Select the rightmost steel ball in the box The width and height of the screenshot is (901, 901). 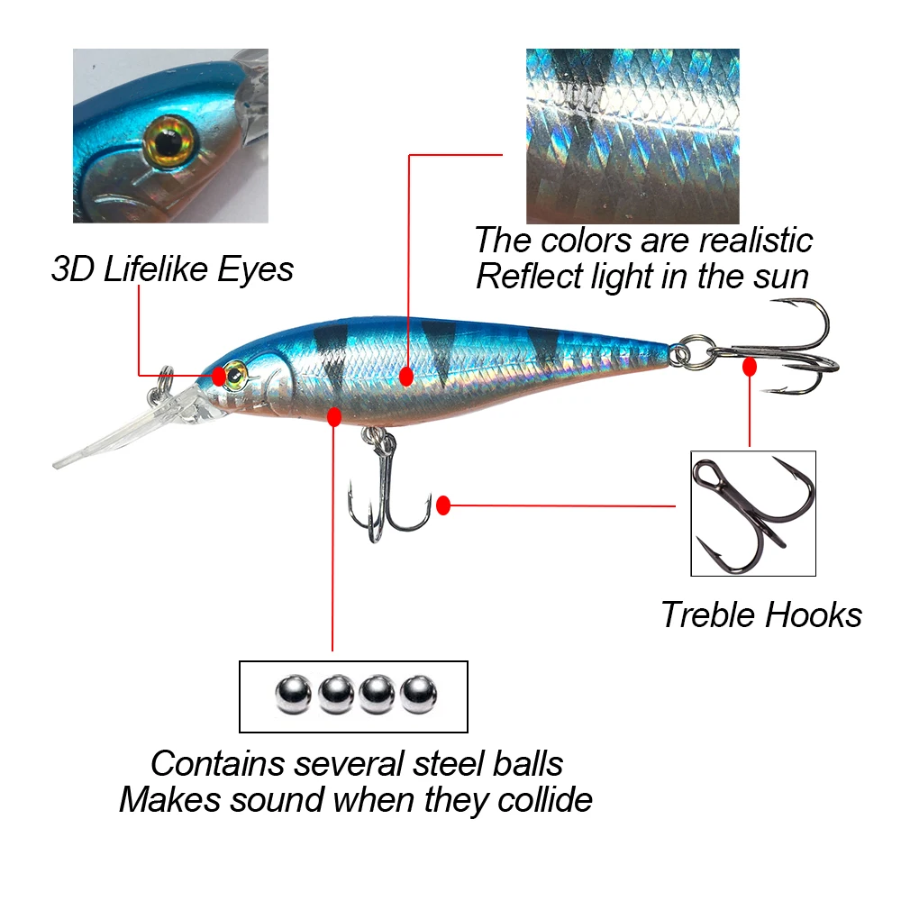(x=418, y=695)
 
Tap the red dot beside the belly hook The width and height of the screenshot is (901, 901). (x=442, y=505)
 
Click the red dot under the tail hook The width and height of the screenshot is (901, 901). (x=749, y=367)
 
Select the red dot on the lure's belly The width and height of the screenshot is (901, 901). (x=334, y=416)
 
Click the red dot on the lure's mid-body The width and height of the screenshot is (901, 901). (x=406, y=376)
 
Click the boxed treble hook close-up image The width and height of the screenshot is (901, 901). (x=752, y=514)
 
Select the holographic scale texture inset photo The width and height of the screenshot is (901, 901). (x=632, y=135)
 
